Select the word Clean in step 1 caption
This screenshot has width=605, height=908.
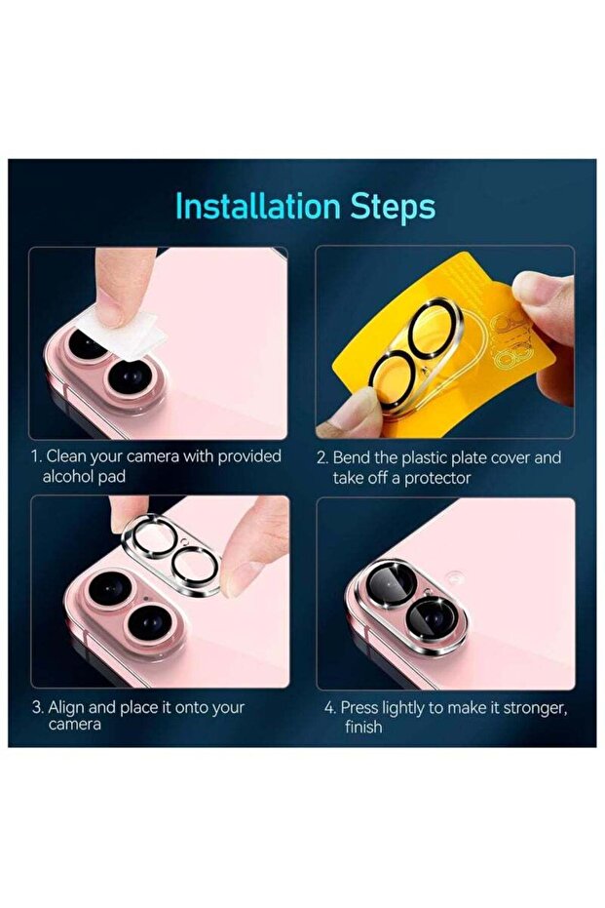tap(68, 456)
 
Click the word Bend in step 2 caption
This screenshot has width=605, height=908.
tap(354, 456)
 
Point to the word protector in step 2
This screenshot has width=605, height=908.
tap(436, 477)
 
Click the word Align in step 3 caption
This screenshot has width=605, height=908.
tap(68, 707)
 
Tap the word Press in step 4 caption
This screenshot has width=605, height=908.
tap(361, 707)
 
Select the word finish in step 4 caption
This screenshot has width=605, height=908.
tap(363, 727)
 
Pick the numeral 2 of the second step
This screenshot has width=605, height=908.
tap(321, 456)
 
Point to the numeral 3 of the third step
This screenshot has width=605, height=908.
tap(36, 707)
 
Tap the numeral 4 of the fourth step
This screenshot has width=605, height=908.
tap(328, 707)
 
